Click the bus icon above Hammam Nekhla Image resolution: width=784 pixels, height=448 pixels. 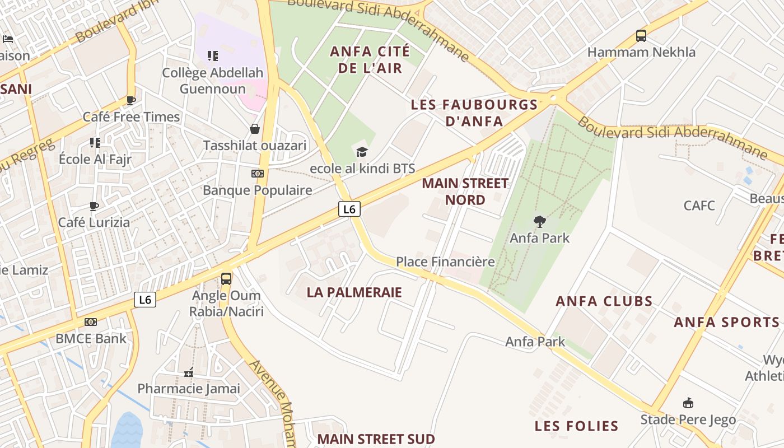click(x=641, y=36)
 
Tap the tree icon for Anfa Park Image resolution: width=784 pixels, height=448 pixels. click(x=540, y=221)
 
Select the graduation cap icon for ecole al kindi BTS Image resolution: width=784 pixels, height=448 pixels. click(x=362, y=152)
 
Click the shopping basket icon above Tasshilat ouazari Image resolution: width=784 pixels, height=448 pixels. click(x=255, y=129)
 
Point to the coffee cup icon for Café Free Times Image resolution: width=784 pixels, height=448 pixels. click(x=131, y=101)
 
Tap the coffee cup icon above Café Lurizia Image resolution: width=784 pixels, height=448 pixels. click(x=94, y=206)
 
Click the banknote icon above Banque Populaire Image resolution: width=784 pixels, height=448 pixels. click(x=258, y=174)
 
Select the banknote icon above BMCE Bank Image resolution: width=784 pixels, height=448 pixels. click(x=91, y=322)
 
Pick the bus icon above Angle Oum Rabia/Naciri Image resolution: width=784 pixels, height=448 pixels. click(x=226, y=279)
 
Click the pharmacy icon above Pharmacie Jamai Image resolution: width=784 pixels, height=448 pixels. click(x=189, y=372)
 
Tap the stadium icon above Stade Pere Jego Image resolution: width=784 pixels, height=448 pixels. click(x=688, y=403)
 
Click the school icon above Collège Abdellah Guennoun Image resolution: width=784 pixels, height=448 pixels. click(x=213, y=56)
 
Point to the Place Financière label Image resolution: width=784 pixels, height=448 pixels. click(x=445, y=262)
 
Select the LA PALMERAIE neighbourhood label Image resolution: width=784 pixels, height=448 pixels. click(x=354, y=292)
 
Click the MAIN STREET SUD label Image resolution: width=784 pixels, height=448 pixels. click(x=376, y=438)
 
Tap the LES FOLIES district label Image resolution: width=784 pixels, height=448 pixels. click(x=576, y=426)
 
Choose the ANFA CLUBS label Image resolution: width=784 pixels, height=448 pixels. click(x=604, y=301)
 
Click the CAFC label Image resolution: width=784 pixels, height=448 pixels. click(x=699, y=206)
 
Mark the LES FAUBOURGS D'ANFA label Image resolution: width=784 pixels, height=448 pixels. click(x=474, y=113)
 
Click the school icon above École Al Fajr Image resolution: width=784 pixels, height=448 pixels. click(x=95, y=143)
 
